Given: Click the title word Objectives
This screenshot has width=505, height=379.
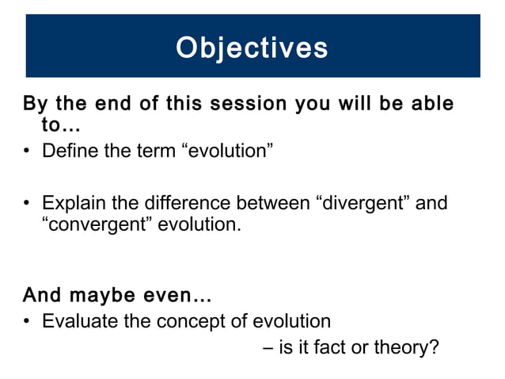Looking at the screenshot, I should click(x=252, y=48).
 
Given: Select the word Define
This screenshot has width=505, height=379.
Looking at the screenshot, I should click(x=71, y=151).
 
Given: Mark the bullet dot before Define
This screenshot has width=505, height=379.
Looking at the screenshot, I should click(x=28, y=151).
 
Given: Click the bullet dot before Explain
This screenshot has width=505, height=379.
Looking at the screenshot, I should click(x=28, y=205).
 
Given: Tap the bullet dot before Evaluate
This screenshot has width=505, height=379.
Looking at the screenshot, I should click(x=28, y=323).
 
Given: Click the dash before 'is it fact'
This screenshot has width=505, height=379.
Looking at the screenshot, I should click(x=265, y=348).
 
